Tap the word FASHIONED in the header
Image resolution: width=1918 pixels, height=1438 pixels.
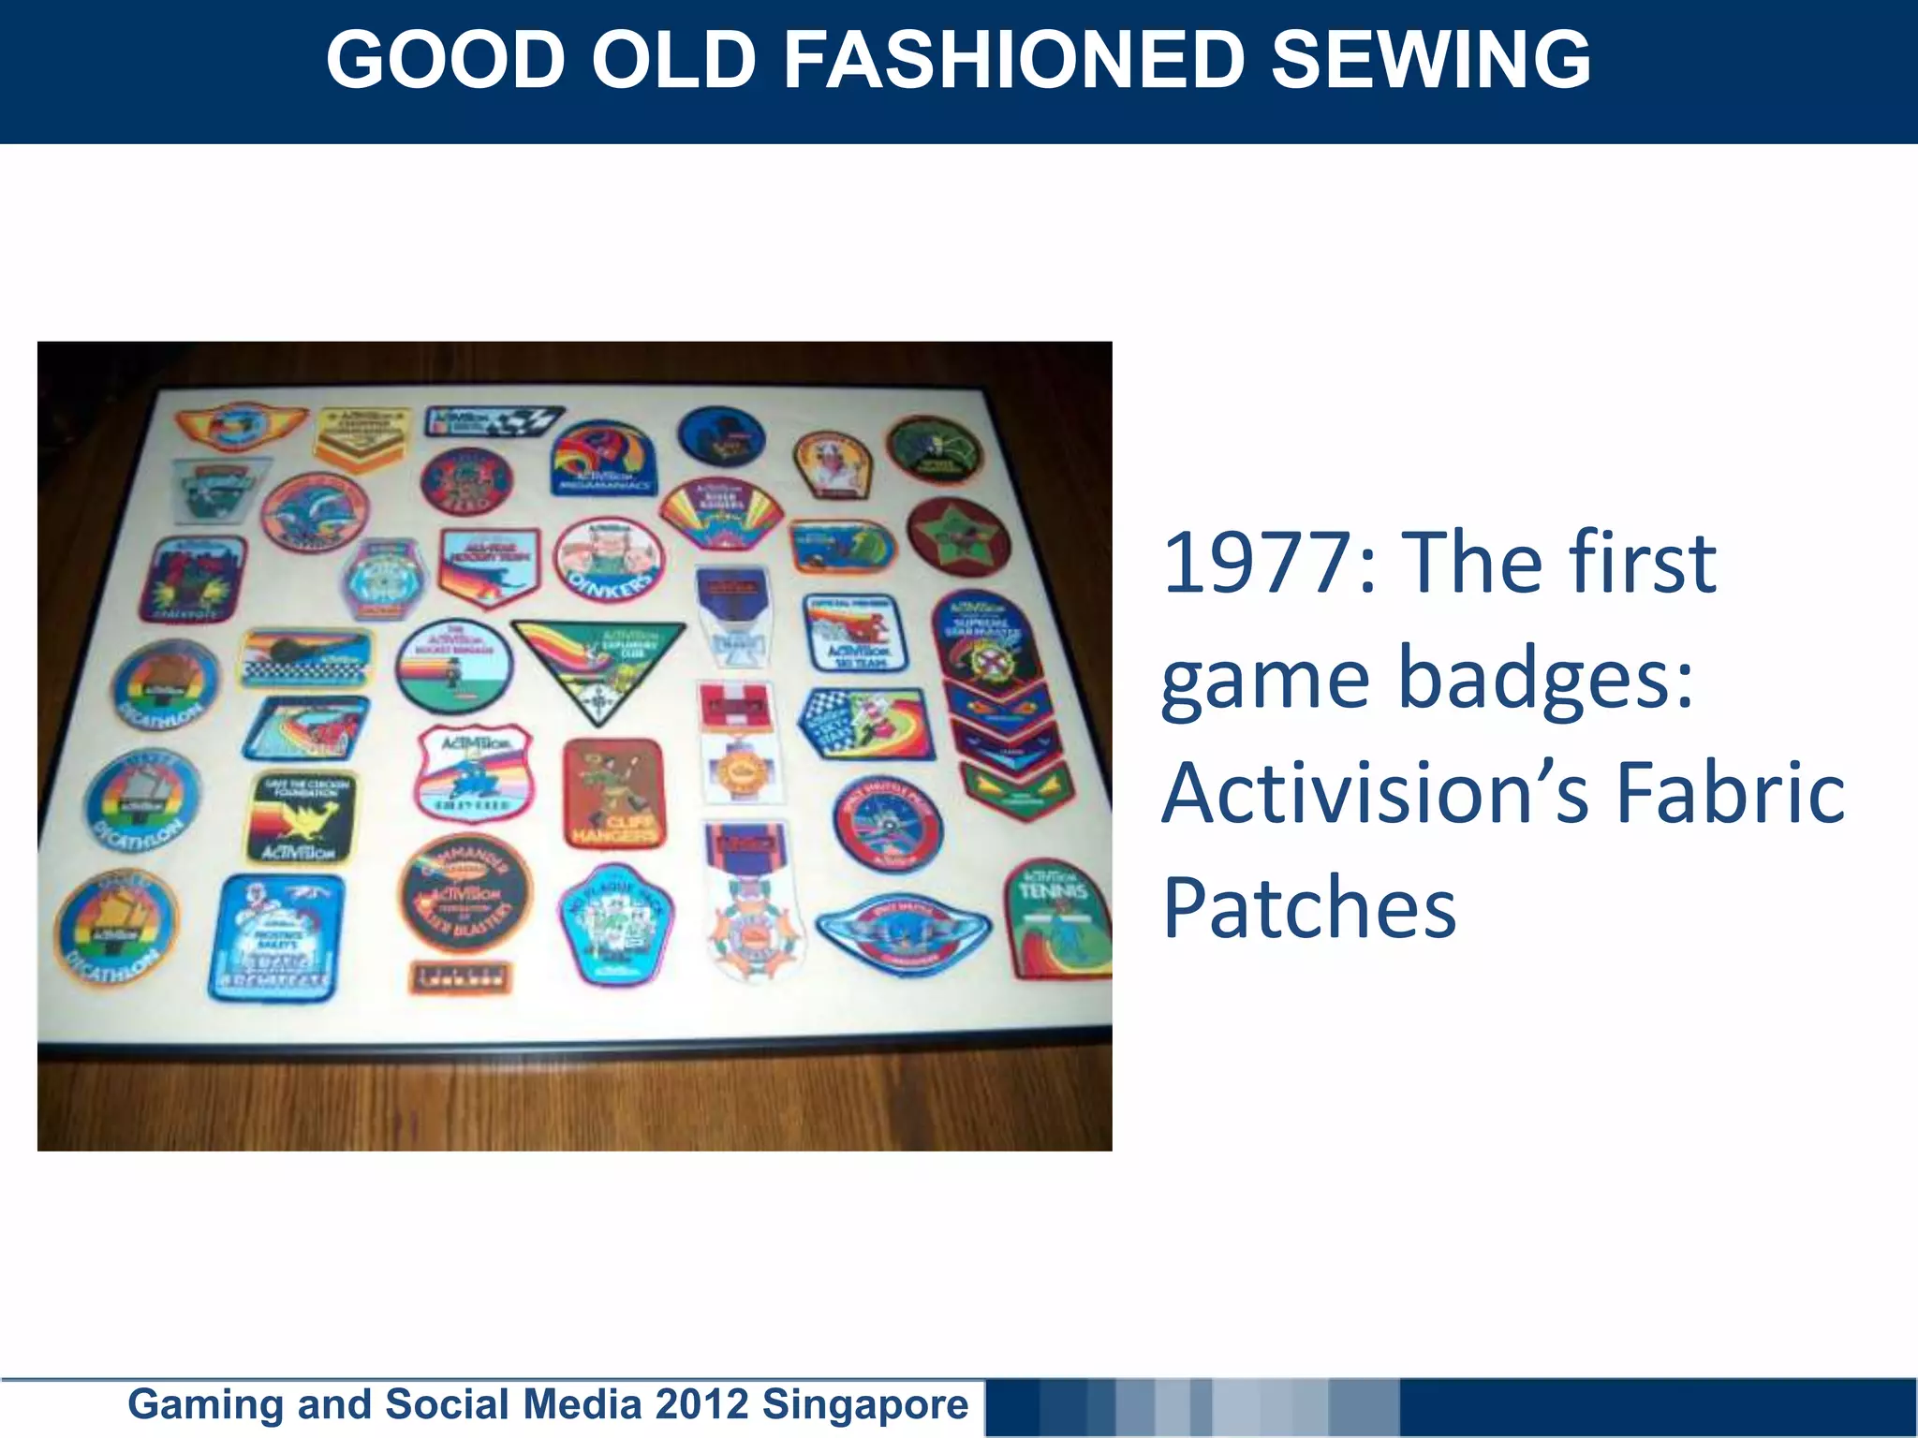(x=1012, y=60)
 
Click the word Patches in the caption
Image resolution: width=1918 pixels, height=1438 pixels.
(x=1308, y=907)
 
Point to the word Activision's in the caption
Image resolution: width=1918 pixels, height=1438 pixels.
(x=1376, y=793)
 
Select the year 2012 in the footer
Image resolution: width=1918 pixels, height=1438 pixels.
(x=701, y=1404)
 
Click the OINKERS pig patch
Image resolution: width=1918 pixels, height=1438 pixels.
(x=609, y=559)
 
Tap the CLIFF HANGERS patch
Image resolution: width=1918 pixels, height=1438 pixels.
(x=614, y=795)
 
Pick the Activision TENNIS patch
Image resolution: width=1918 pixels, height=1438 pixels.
(x=1056, y=919)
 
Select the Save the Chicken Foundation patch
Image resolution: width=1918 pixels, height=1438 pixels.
(x=302, y=817)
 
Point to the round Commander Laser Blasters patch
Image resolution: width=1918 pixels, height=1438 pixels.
(x=465, y=893)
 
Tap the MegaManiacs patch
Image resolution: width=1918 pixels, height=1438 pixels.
(x=603, y=460)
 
